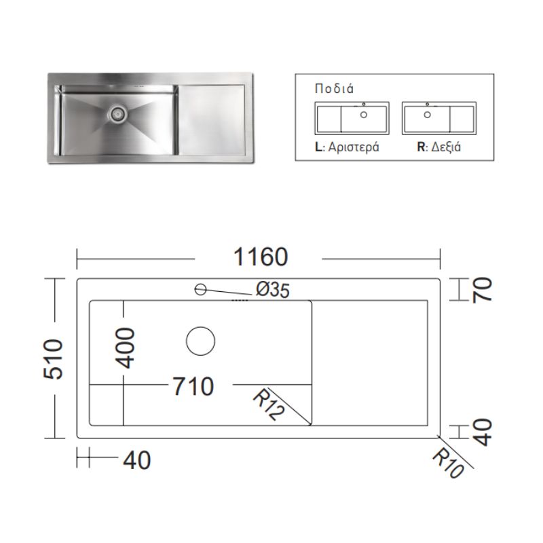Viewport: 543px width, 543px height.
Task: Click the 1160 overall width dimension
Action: coord(261,257)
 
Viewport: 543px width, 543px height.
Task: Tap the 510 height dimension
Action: coord(54,359)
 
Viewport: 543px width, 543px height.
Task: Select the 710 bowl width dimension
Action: coord(193,386)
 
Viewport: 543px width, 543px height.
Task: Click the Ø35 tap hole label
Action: coord(273,290)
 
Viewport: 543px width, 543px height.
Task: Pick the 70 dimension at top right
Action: coord(482,291)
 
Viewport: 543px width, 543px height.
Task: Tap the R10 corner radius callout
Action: coord(448,463)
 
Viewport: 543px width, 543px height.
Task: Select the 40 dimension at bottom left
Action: coord(137,460)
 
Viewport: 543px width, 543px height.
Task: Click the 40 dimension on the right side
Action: coord(482,432)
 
